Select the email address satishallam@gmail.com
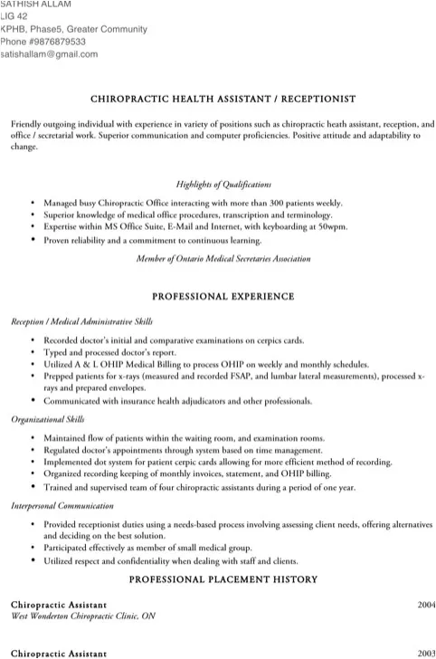pyautogui.click(x=49, y=54)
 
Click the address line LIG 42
pyautogui.click(x=14, y=17)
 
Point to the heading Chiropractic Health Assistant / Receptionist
pyautogui.click(x=223, y=98)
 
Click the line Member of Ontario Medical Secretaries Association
pyautogui.click(x=223, y=258)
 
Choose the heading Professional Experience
pyautogui.click(x=223, y=296)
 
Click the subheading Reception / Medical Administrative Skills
pyautogui.click(x=81, y=321)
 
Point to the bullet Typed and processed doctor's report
pyautogui.click(x=109, y=349)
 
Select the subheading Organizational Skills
pyautogui.click(x=48, y=420)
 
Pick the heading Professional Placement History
pyautogui.click(x=223, y=579)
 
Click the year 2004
pyautogui.click(x=426, y=604)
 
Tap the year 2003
pyautogui.click(x=426, y=653)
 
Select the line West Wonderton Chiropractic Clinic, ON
pyautogui.click(x=83, y=616)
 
